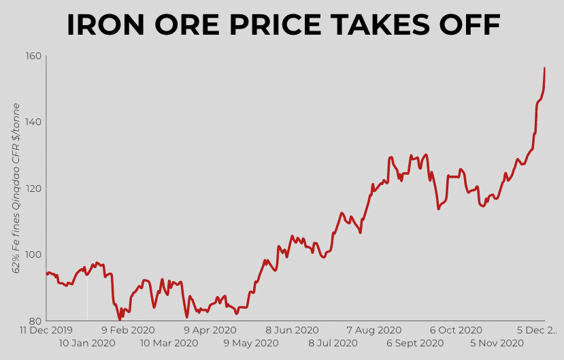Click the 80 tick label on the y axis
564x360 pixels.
coord(35,321)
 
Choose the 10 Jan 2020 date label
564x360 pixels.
coord(87,343)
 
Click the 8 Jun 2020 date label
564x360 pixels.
coord(292,330)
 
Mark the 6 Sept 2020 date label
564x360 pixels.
coord(415,343)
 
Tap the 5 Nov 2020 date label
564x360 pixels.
coord(497,343)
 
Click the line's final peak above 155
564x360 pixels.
coord(544,68)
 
